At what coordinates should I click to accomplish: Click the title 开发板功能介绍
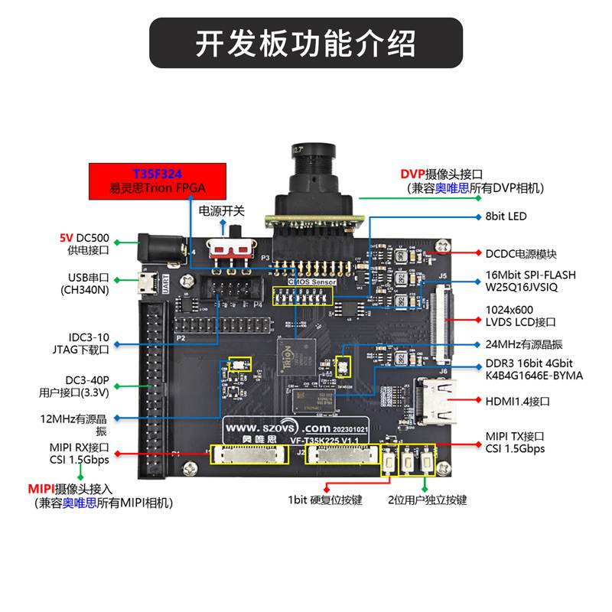tap(306, 43)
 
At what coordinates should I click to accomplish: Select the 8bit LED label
tap(506, 216)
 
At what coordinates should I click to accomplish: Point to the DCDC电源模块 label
tap(521, 253)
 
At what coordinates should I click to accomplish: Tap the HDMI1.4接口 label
tap(518, 401)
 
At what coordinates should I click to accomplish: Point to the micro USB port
tap(145, 284)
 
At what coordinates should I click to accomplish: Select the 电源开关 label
tap(222, 210)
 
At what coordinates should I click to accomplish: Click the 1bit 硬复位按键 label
tap(324, 500)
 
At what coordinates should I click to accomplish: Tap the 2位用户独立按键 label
tap(426, 500)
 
